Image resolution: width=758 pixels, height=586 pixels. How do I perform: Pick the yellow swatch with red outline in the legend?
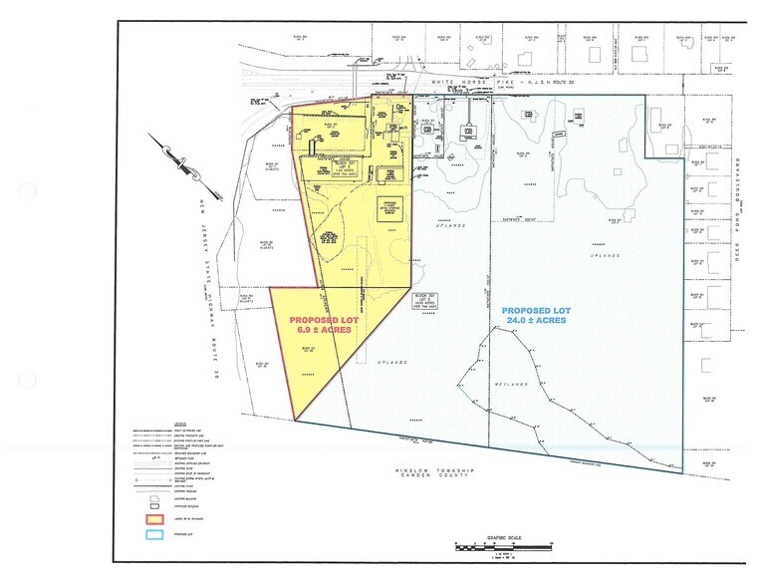point(152,519)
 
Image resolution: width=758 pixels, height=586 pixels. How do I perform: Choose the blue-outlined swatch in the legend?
point(152,534)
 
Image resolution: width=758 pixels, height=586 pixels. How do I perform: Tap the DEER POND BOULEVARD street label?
point(739,214)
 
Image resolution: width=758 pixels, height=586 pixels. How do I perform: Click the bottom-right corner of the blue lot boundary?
point(683,473)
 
